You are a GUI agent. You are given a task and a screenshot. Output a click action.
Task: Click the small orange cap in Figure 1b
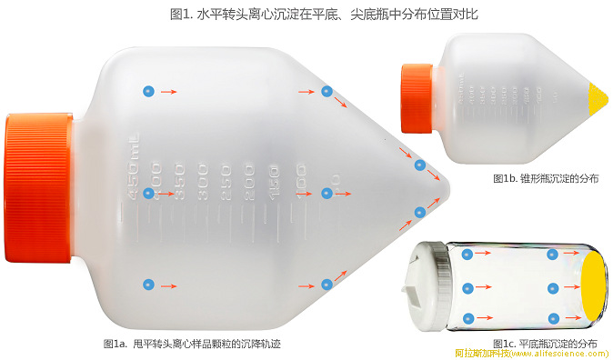[417, 97]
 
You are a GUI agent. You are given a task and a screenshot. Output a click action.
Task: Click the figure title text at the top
[306, 15]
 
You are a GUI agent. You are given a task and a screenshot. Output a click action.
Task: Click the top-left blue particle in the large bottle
[149, 91]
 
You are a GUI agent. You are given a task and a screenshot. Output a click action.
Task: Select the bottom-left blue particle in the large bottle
[149, 285]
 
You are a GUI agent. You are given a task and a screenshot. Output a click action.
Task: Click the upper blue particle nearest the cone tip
[419, 165]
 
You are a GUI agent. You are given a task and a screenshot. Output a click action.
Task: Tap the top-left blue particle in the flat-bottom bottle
[467, 255]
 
